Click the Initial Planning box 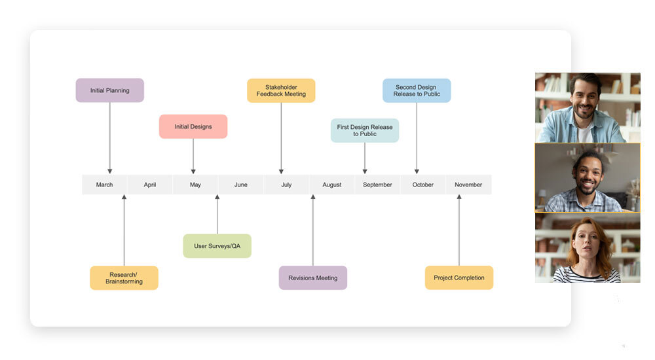109,90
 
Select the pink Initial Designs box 193,126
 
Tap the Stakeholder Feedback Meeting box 281,90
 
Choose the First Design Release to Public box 364,130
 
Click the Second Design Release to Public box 417,90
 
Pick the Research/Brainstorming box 124,278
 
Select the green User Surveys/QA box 217,246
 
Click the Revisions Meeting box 313,278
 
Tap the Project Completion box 458,278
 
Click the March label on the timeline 105,185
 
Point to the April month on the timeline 150,185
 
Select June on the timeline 241,185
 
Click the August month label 332,185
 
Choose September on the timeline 377,185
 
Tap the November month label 468,185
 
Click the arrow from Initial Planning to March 109,137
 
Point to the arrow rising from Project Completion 458,229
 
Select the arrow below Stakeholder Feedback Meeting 281,137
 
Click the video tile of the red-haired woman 588,248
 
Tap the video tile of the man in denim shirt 588,107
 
